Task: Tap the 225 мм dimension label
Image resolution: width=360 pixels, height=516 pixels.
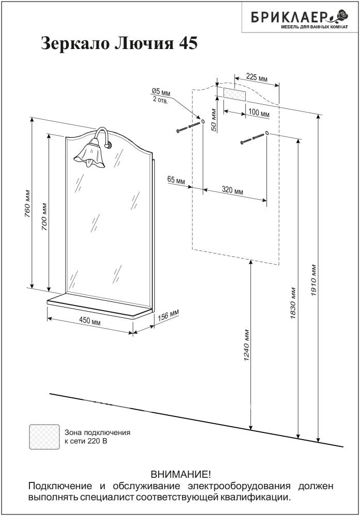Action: (257, 78)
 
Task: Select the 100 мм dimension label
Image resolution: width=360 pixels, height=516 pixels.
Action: (259, 113)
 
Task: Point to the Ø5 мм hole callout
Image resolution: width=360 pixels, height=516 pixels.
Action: (161, 92)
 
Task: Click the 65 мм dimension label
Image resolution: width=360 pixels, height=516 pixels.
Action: (176, 180)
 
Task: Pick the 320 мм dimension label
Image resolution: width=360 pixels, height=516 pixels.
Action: (232, 190)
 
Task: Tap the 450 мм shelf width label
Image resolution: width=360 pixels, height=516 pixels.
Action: (89, 321)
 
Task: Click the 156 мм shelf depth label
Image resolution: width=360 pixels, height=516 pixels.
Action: (168, 315)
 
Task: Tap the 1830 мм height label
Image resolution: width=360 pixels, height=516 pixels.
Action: (293, 303)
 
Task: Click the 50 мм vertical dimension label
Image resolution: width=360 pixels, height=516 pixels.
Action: (214, 120)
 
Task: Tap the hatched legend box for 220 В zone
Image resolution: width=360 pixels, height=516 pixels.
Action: (44, 437)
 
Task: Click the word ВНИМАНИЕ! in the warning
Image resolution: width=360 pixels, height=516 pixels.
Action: (180, 474)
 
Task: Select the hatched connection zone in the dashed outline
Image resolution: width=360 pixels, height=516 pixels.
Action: (234, 93)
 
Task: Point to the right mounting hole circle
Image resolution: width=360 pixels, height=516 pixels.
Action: (267, 133)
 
